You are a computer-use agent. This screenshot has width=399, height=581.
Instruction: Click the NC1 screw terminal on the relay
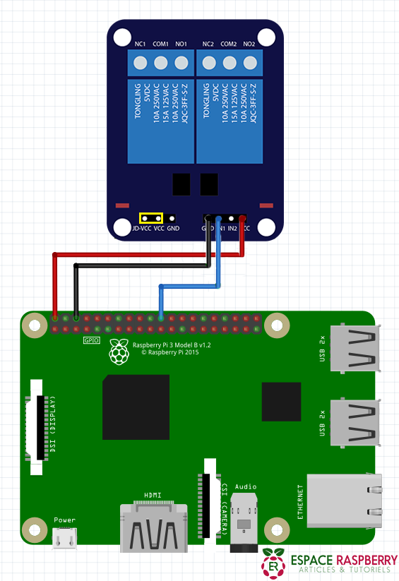point(141,64)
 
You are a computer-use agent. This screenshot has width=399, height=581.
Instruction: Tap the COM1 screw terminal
point(161,64)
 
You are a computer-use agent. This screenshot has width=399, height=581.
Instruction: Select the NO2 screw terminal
point(249,64)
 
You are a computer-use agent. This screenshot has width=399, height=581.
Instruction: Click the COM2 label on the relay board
point(228,44)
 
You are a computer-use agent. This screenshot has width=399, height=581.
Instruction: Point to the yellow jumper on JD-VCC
point(151,219)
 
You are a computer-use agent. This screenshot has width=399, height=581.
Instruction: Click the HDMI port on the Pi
point(154,526)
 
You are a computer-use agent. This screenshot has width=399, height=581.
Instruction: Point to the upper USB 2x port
point(357,348)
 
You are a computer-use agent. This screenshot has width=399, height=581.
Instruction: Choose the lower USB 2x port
point(357,422)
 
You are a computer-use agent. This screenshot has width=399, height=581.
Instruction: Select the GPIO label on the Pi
point(92,340)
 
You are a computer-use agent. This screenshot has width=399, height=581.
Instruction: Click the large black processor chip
point(136,407)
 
